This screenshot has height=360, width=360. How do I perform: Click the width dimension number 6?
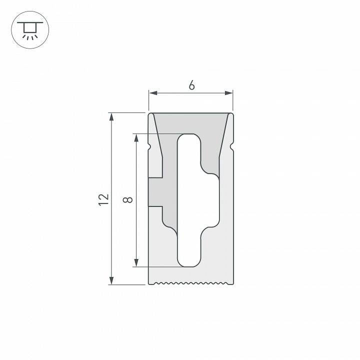[191, 85]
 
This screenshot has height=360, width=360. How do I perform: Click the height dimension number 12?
[103, 199]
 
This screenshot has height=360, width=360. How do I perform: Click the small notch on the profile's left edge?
[150, 146]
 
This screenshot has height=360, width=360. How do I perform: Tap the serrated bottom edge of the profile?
[191, 283]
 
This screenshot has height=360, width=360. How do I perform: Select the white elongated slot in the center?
[190, 200]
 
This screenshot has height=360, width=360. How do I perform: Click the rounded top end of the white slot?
[190, 140]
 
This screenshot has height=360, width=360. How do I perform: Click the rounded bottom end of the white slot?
[190, 260]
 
